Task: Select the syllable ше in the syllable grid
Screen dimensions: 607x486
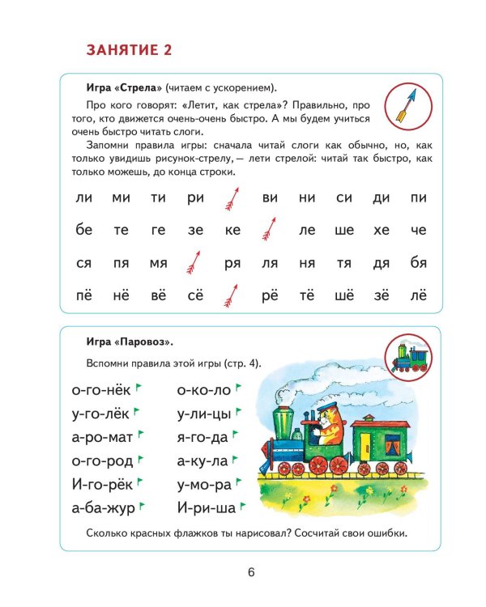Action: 344,230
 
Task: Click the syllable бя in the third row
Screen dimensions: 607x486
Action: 419,263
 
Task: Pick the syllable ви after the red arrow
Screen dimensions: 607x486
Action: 270,197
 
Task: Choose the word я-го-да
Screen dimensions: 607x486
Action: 202,437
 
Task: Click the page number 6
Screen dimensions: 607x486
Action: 251,572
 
